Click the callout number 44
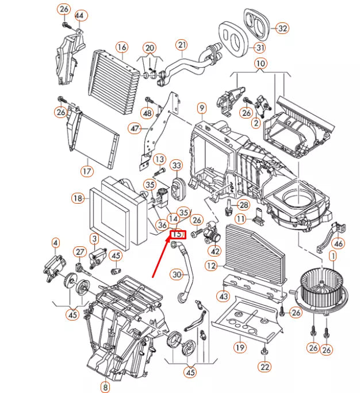point(79,14)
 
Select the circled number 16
point(121,47)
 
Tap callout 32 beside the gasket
point(282,28)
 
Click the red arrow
point(163,256)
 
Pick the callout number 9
point(201,108)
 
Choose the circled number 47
point(135,129)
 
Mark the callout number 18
point(78,198)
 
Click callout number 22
point(264,367)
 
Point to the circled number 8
point(105,387)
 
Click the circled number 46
point(338,243)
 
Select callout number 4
point(55,243)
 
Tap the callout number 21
point(182,45)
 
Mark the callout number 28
point(244,205)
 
